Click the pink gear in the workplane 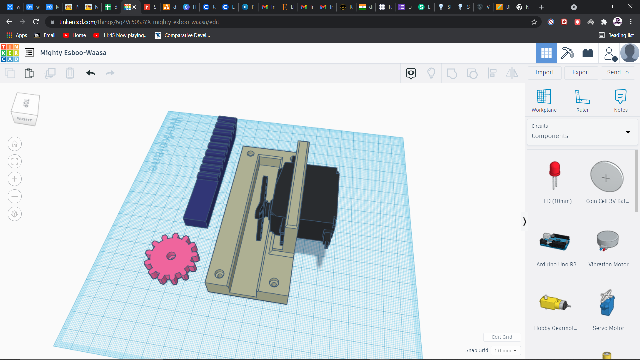pyautogui.click(x=171, y=258)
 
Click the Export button pyautogui.click(x=581, y=72)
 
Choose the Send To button pyautogui.click(x=618, y=72)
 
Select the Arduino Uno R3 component pyautogui.click(x=555, y=241)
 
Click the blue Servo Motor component pyautogui.click(x=607, y=303)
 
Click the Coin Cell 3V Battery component pyautogui.click(x=607, y=177)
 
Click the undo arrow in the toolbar pyautogui.click(x=90, y=73)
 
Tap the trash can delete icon pyautogui.click(x=70, y=73)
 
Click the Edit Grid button pyautogui.click(x=502, y=337)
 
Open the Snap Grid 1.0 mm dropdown pyautogui.click(x=506, y=351)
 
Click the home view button pyautogui.click(x=15, y=144)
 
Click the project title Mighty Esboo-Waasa pyautogui.click(x=73, y=53)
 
